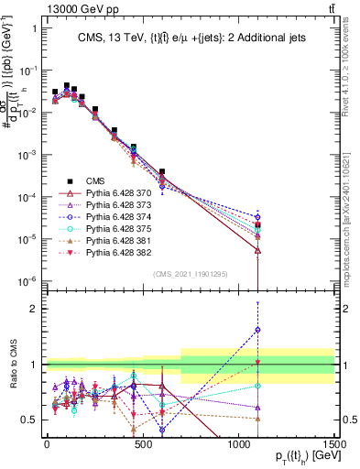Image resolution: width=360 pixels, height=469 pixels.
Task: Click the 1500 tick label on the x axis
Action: (333, 443)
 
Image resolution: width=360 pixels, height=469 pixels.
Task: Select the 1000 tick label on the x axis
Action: (237, 443)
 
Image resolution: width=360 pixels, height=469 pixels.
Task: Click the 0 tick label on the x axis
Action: (47, 443)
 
